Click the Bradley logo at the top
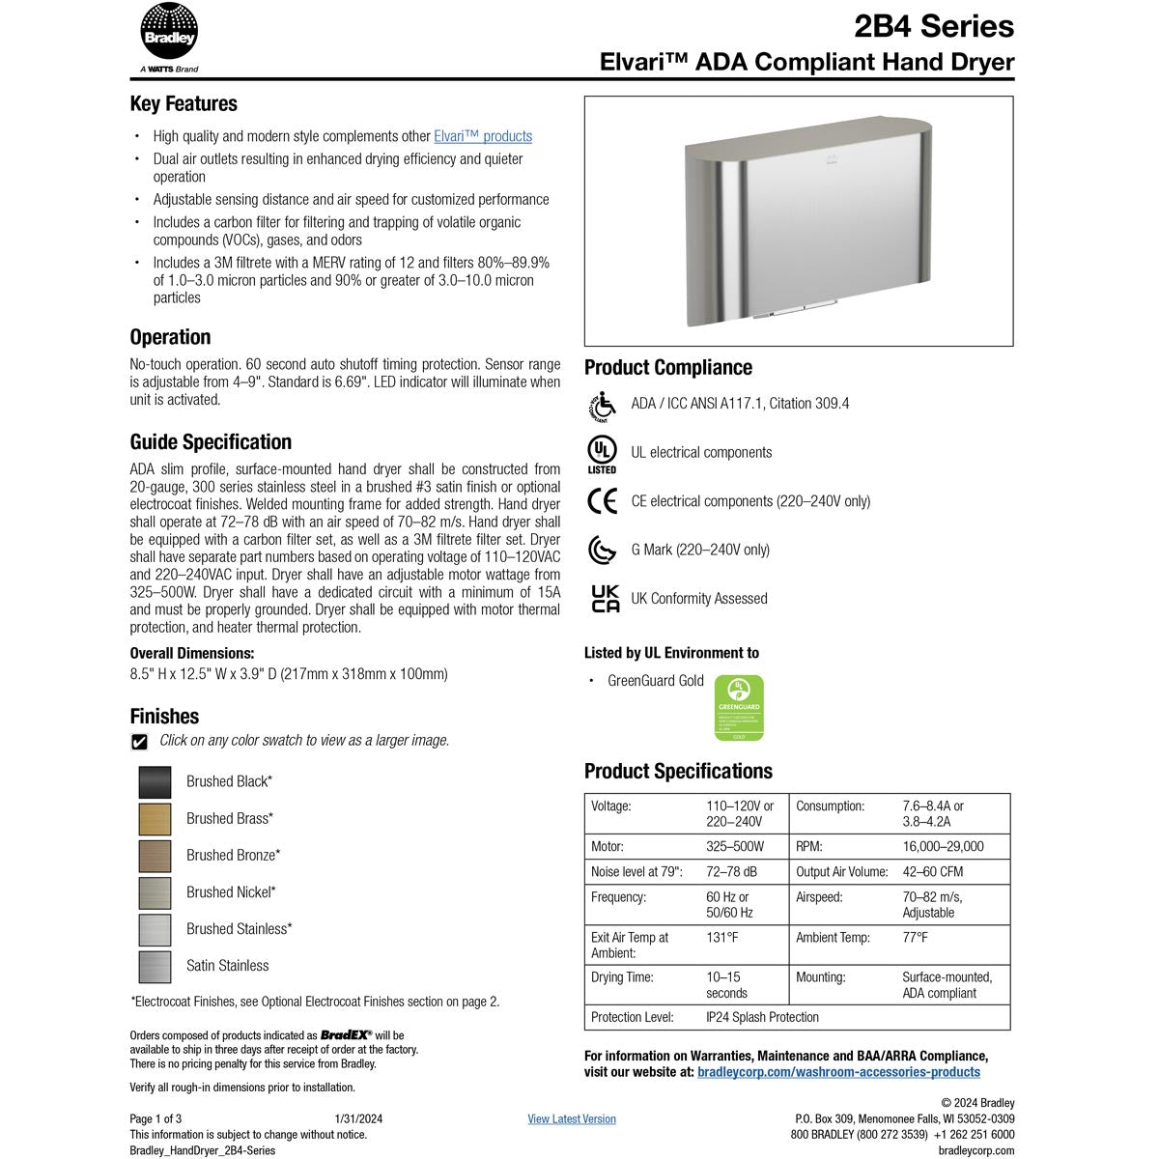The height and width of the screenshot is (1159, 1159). [169, 35]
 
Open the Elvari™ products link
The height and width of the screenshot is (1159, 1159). [483, 137]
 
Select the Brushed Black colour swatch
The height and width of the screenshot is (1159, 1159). [155, 782]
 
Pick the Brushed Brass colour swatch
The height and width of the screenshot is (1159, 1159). [155, 819]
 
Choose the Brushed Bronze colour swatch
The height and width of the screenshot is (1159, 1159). [155, 856]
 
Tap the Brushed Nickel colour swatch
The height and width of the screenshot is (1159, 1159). [155, 892]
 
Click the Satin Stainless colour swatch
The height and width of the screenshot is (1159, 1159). [155, 966]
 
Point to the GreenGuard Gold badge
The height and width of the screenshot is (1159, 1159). [738, 708]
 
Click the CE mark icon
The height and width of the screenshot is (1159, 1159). [602, 501]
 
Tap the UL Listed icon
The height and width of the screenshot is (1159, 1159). [602, 454]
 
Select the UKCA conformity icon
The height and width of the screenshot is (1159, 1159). [605, 599]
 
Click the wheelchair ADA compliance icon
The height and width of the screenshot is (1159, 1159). [602, 406]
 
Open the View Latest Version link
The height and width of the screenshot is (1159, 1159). [572, 1119]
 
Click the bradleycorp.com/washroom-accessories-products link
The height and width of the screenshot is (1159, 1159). [838, 1072]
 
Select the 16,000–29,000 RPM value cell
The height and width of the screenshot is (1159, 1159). [943, 847]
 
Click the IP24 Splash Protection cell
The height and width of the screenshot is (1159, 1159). [762, 1017]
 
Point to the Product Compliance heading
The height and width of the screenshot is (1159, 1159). [668, 368]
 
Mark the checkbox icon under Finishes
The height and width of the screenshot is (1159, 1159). [140, 742]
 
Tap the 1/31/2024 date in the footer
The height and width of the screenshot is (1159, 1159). [358, 1119]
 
